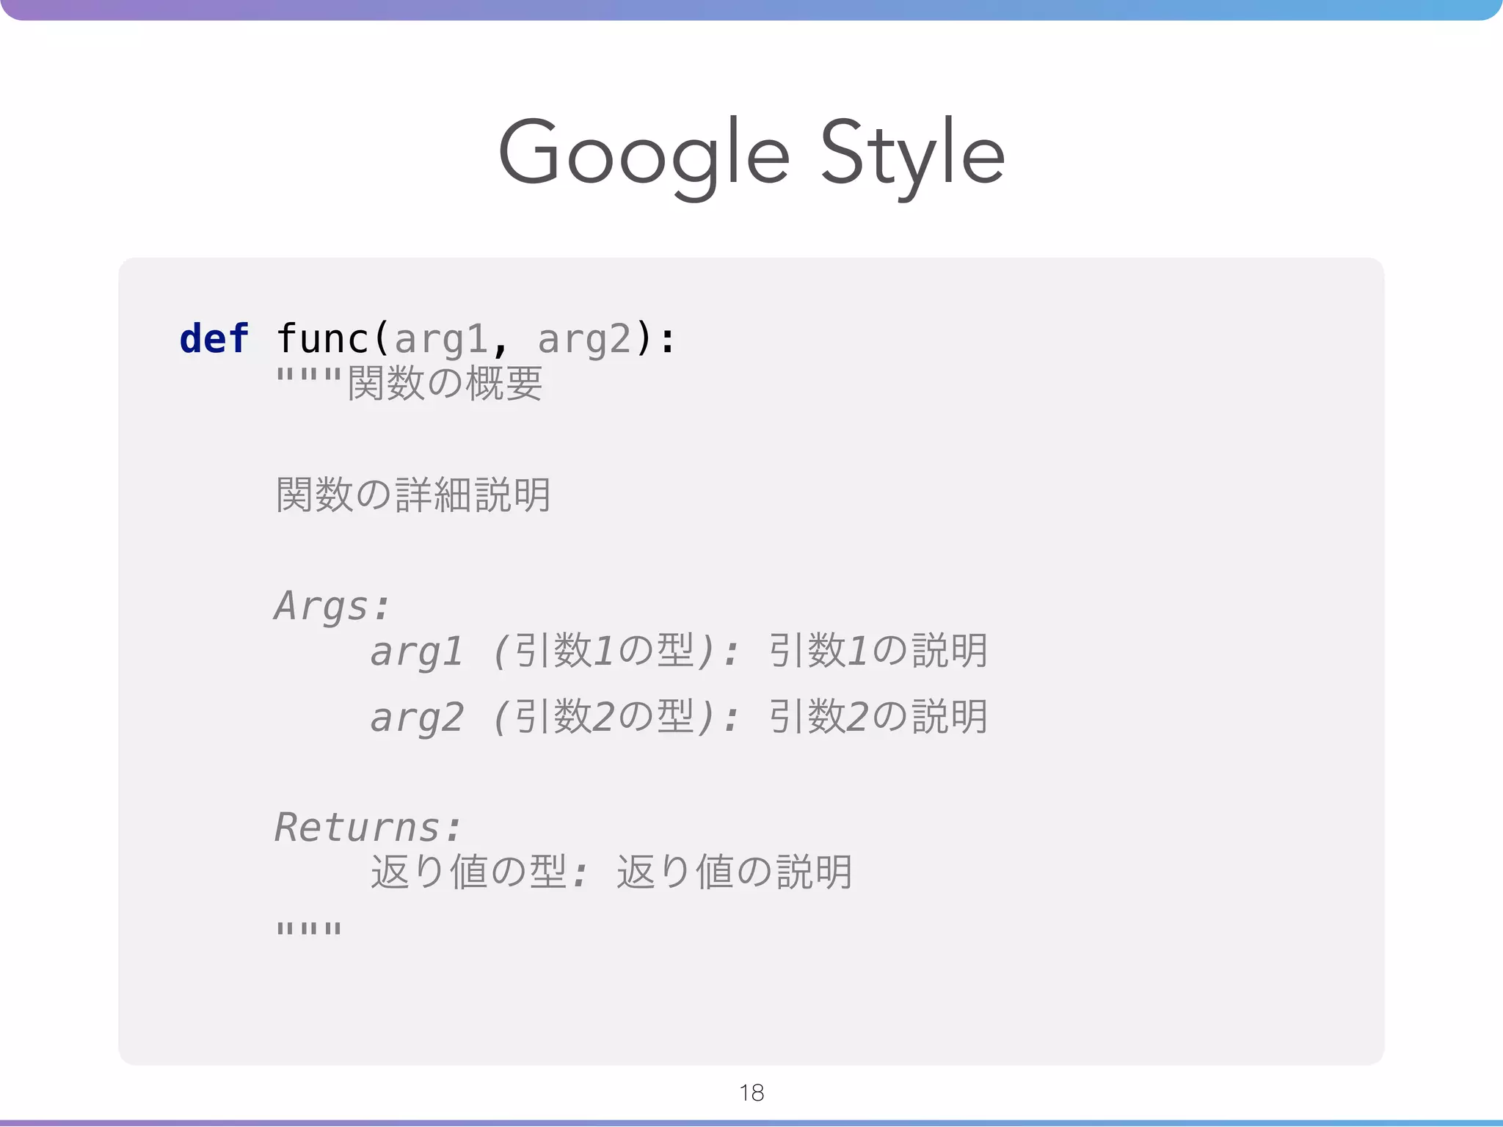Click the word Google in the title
click(x=643, y=155)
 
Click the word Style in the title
click(x=911, y=155)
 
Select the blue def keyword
click(x=214, y=339)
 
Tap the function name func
click(x=323, y=339)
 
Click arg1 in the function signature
click(x=441, y=340)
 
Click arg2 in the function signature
click(x=584, y=340)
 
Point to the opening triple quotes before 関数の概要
click(x=309, y=379)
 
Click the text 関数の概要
click(x=445, y=383)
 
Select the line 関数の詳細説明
click(x=413, y=495)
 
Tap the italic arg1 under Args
click(x=416, y=652)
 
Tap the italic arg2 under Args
click(x=416, y=718)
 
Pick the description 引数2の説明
click(x=878, y=717)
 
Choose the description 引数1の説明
click(x=878, y=651)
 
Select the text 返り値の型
click(x=468, y=872)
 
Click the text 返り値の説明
click(x=735, y=872)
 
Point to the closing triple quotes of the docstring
click(x=309, y=929)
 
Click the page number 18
click(x=751, y=1093)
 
